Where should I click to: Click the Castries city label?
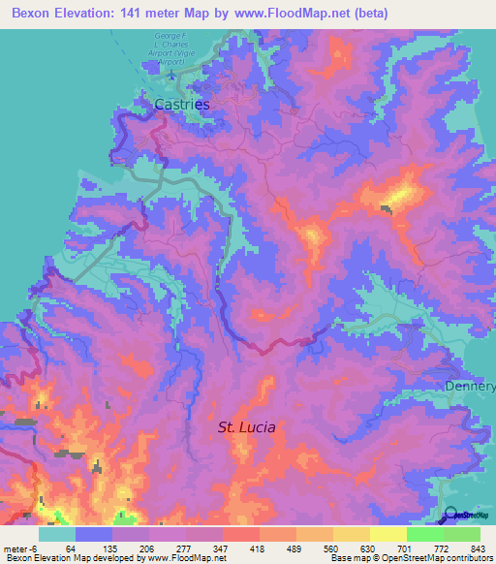(182, 102)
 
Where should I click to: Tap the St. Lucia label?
(246, 426)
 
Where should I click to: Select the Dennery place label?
(471, 387)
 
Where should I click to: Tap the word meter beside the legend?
(15, 548)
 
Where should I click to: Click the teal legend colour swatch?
(57, 534)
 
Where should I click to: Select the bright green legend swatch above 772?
(425, 534)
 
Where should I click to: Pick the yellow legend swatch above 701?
(388, 534)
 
